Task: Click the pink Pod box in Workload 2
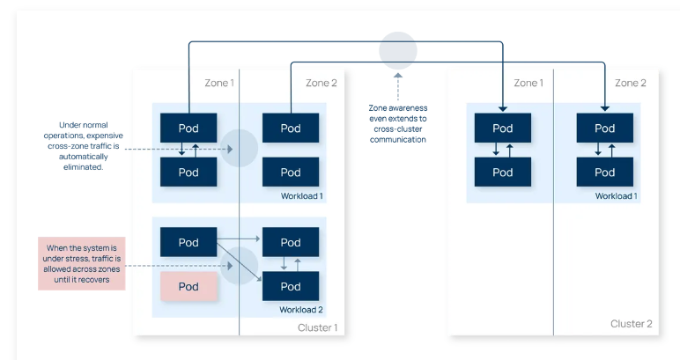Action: tap(188, 286)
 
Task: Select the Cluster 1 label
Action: tap(317, 327)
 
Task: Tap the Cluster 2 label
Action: tap(631, 324)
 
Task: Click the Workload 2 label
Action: tap(301, 310)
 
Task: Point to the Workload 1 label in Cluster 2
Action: tap(617, 195)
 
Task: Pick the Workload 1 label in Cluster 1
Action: tap(302, 195)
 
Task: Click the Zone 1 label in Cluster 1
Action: tap(219, 83)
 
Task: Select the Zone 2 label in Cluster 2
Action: tap(631, 83)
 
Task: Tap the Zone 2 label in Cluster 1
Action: tap(322, 83)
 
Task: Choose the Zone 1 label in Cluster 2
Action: tap(528, 83)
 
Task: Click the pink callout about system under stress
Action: tap(82, 263)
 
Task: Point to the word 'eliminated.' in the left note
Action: tap(84, 166)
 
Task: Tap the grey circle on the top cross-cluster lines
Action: tap(398, 51)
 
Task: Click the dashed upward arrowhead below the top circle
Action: tap(397, 76)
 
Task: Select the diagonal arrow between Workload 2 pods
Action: tap(239, 262)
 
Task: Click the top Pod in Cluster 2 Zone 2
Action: tap(604, 128)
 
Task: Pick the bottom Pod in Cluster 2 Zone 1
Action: tap(503, 172)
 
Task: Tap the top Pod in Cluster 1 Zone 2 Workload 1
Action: tap(291, 128)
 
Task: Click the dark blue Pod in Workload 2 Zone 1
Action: tap(188, 242)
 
